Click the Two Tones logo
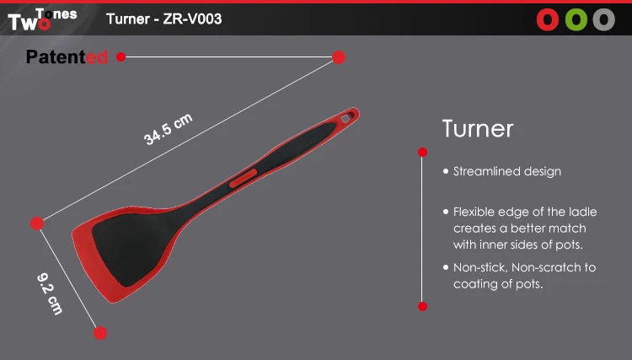tap(42, 19)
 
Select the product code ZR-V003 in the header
tap(192, 19)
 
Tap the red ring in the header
tap(548, 19)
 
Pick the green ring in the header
tap(576, 19)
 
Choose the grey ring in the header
tap(604, 19)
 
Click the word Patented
tap(67, 56)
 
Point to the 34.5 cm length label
tap(169, 129)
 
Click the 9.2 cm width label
tap(50, 294)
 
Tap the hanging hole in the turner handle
tap(346, 118)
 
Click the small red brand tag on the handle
tap(243, 178)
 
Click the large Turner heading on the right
tap(478, 129)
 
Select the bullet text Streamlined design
tap(507, 171)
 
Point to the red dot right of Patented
tap(121, 56)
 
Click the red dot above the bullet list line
tap(422, 152)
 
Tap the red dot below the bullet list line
tap(422, 306)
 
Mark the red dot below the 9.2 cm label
tap(100, 333)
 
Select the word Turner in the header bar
tap(128, 19)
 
